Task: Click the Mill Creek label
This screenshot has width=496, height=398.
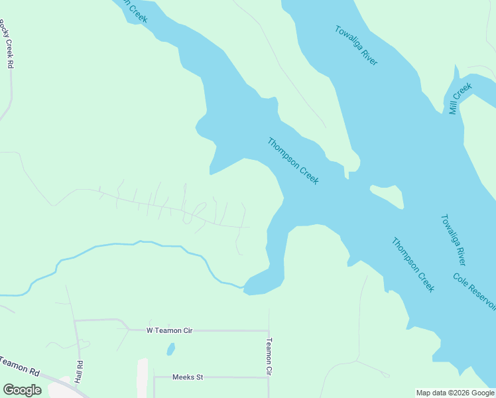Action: pos(460,98)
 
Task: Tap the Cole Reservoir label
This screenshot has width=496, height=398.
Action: pos(475,291)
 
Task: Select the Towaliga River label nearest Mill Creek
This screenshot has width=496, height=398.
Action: pos(356,45)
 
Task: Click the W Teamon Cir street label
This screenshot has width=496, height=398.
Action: pos(168,330)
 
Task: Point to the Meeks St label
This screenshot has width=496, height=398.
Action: pos(187,377)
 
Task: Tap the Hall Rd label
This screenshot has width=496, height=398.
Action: pos(79,371)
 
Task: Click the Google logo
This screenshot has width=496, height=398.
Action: pos(22,390)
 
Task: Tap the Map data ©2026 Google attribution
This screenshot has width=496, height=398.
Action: pos(455,393)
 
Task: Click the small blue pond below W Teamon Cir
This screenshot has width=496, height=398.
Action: pos(171,348)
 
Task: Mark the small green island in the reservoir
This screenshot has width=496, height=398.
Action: pos(388,195)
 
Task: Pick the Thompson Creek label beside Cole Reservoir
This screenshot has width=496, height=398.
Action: pos(412,265)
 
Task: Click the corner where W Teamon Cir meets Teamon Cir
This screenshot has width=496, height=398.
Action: pos(269,330)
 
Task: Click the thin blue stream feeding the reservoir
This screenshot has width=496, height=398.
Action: pos(133,244)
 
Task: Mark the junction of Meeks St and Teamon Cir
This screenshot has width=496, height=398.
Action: pos(269,377)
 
